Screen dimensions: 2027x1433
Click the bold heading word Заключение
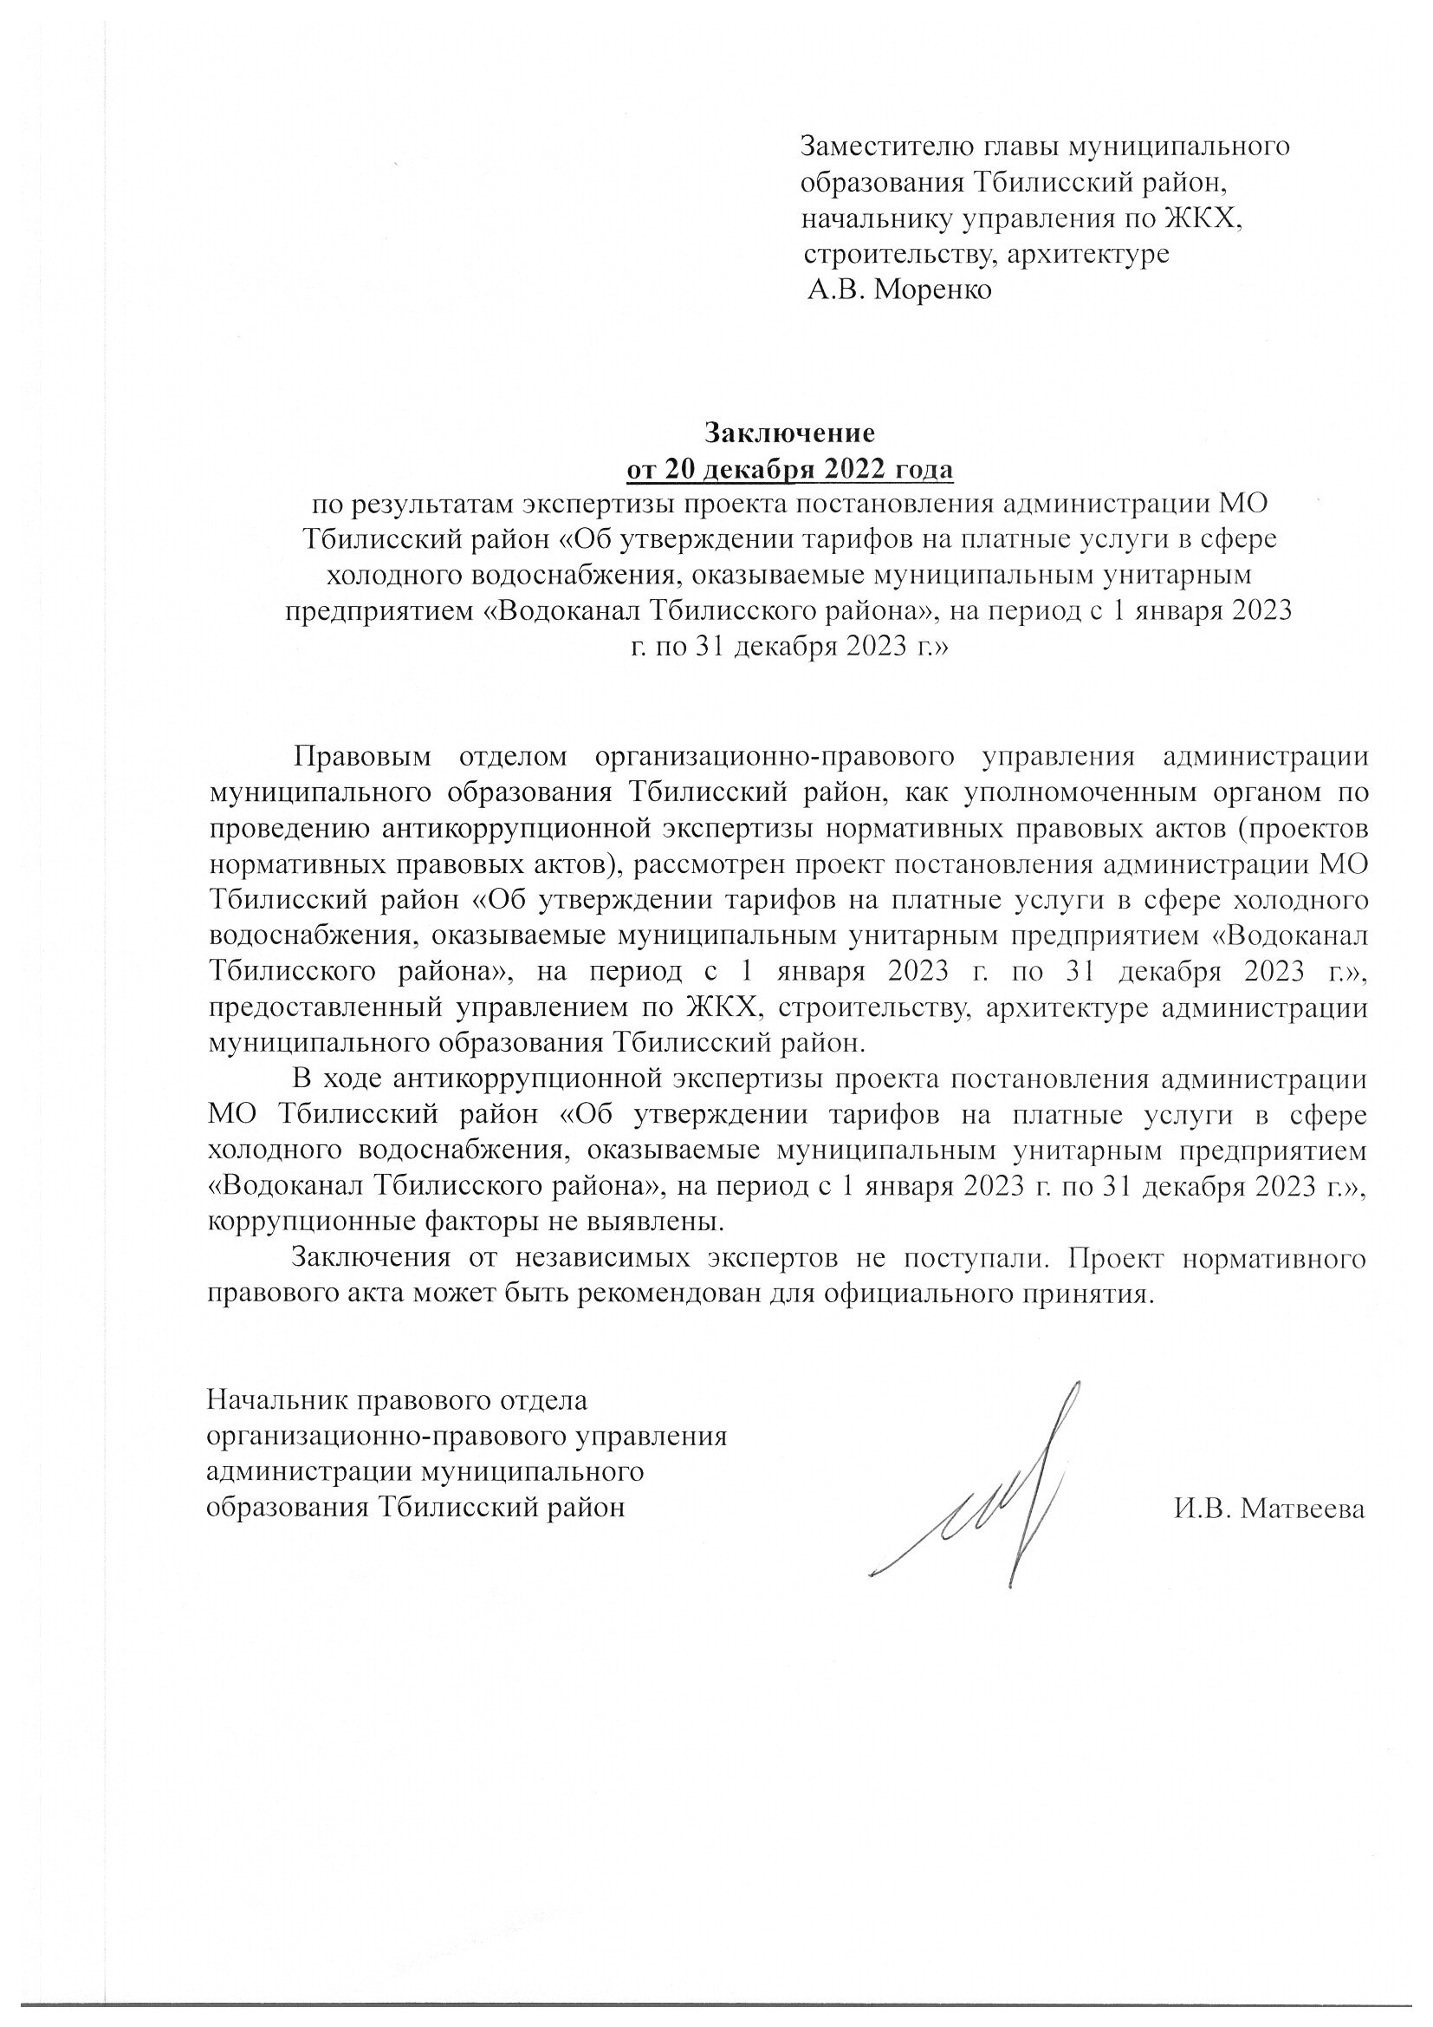(789, 433)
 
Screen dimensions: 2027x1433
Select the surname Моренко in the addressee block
(933, 289)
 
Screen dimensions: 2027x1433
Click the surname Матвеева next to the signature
(1301, 1509)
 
